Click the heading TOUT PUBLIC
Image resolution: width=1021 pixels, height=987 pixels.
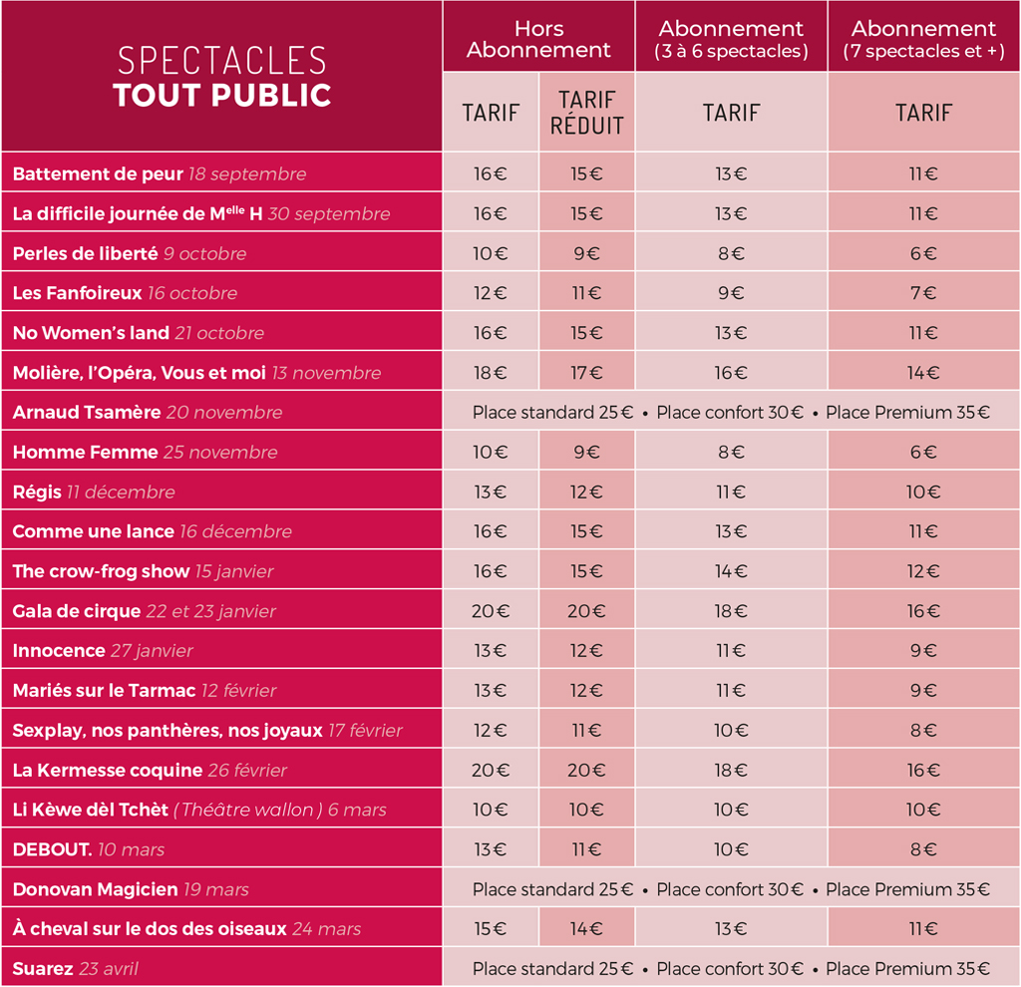coord(222,95)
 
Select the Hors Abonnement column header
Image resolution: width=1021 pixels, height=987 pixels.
coord(538,39)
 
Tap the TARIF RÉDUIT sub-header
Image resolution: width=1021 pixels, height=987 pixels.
coord(586,113)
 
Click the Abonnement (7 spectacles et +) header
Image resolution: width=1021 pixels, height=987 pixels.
coord(923,39)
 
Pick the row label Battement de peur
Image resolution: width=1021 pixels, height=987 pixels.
coord(98,173)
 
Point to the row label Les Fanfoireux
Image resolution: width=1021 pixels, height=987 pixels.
coord(78,293)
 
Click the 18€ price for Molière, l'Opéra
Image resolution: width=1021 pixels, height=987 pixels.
coord(491,373)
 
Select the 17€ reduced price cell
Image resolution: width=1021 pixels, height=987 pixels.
coord(586,373)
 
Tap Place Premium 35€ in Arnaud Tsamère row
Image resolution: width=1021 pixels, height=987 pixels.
coord(907,412)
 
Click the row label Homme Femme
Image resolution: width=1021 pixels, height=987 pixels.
coord(86,452)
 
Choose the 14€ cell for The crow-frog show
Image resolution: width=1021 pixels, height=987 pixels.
coord(731,571)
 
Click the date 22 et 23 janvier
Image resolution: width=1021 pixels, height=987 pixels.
coord(211,611)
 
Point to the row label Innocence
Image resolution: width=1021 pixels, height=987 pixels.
coord(59,650)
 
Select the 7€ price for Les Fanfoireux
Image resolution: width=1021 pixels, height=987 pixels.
coord(923,293)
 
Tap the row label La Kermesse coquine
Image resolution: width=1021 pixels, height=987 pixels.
coord(108,771)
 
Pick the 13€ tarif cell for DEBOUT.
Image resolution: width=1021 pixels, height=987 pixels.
coord(491,849)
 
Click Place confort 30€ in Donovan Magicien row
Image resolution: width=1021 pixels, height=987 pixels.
coord(730,889)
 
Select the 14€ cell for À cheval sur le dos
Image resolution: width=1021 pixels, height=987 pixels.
coord(586,928)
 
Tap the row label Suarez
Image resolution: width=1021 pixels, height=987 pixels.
coord(43,969)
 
